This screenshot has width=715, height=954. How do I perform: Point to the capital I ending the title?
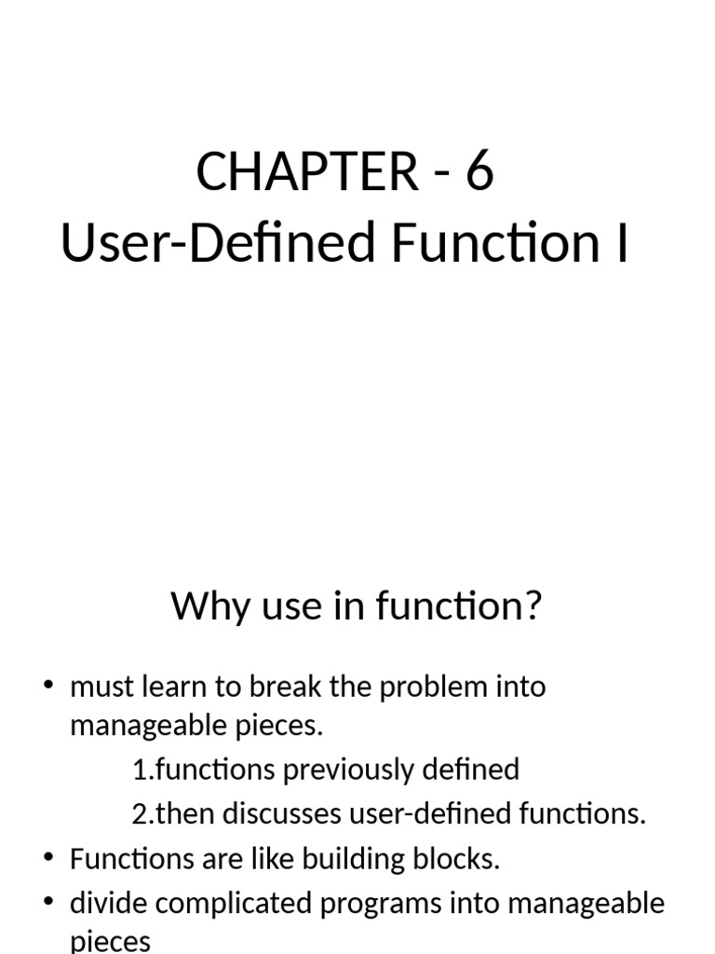pos(622,244)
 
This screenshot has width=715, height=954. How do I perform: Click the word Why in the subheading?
pos(207,607)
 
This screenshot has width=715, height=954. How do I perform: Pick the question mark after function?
pos(532,607)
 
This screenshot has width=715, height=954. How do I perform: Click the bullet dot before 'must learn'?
pos(49,687)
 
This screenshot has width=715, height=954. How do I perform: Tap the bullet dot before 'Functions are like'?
pos(49,858)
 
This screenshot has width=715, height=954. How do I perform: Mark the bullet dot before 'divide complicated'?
pos(49,902)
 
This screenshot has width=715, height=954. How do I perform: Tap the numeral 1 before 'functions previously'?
pos(140,770)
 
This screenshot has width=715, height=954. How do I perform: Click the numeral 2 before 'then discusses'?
pos(140,814)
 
